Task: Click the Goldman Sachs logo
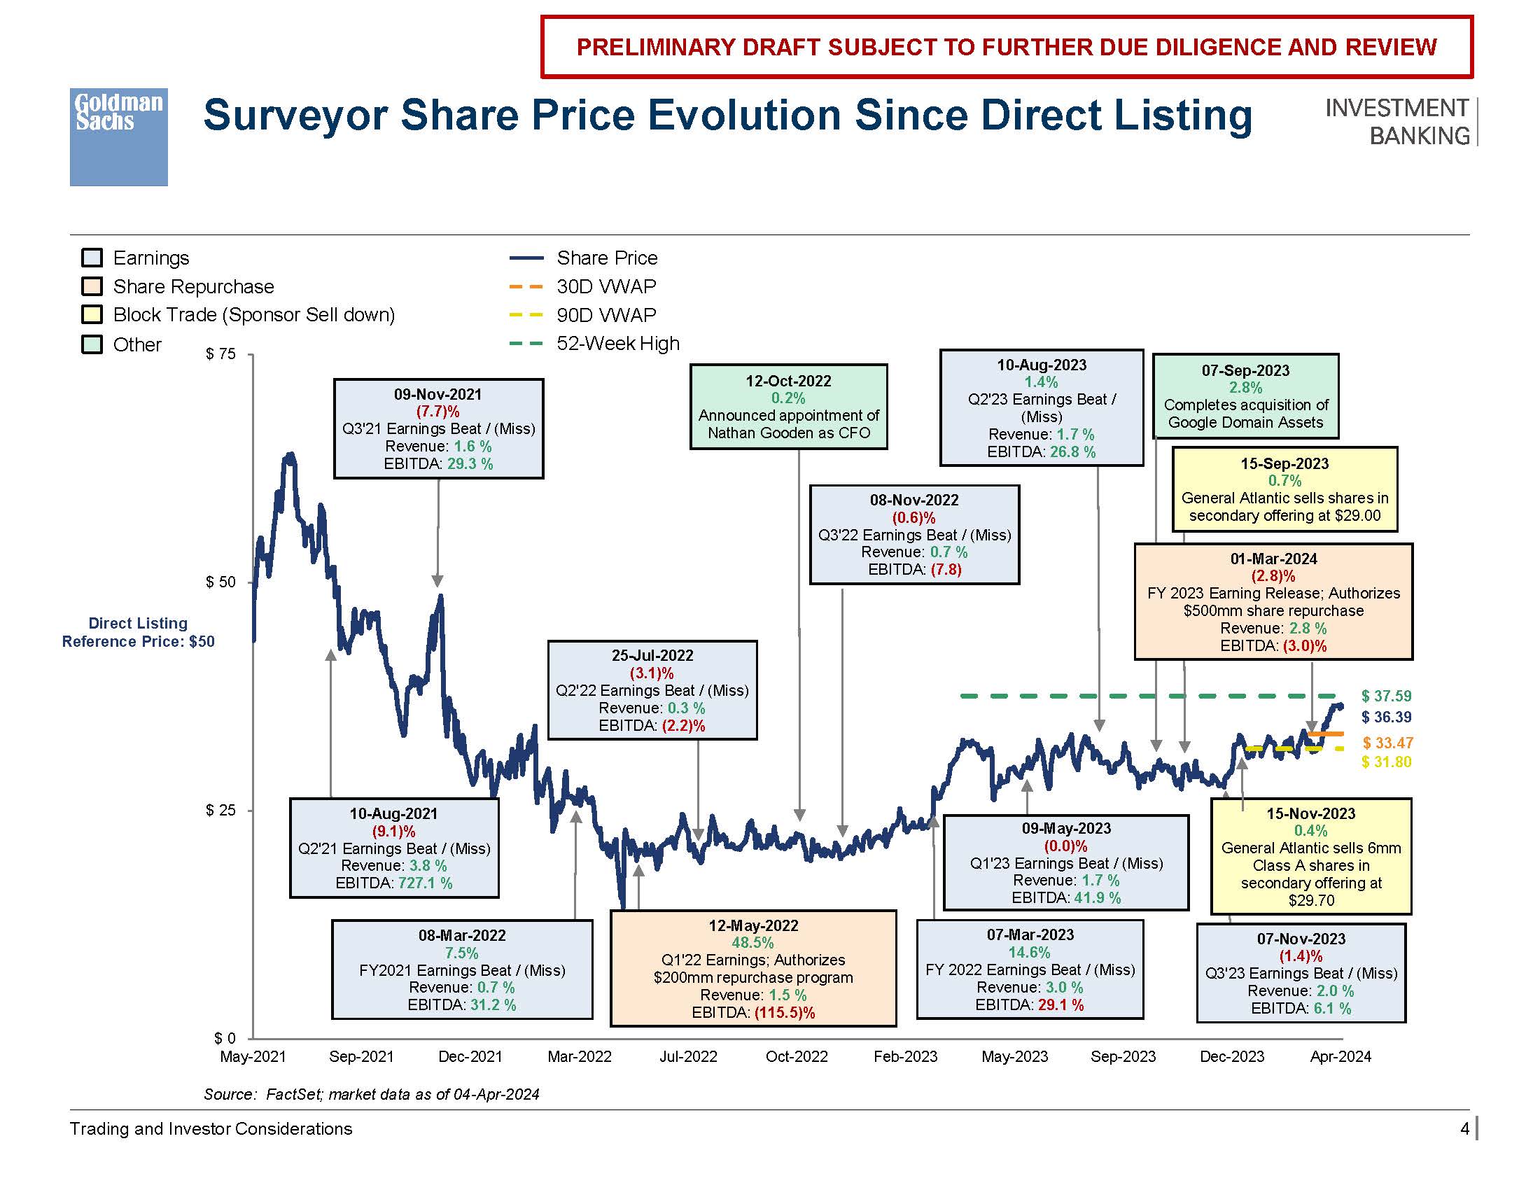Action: [x=118, y=136]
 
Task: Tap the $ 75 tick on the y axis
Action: [x=220, y=354]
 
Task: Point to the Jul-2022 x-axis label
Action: [x=687, y=1056]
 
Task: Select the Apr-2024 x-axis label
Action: [x=1340, y=1056]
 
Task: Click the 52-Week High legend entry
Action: [x=617, y=343]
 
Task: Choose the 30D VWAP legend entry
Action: [x=605, y=286]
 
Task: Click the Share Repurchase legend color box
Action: [x=92, y=286]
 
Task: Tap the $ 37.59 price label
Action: [x=1385, y=696]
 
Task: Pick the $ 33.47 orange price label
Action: [x=1387, y=742]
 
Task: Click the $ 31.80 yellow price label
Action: [x=1385, y=762]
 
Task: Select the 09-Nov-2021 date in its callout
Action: [x=438, y=394]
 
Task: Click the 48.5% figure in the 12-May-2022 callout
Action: [x=752, y=943]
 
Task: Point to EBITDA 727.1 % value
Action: [x=425, y=883]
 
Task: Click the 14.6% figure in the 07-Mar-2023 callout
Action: [x=1029, y=953]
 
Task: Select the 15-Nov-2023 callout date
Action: [x=1310, y=813]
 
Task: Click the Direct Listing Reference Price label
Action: [x=138, y=632]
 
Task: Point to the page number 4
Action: [x=1464, y=1128]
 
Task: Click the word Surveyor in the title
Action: [x=295, y=115]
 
